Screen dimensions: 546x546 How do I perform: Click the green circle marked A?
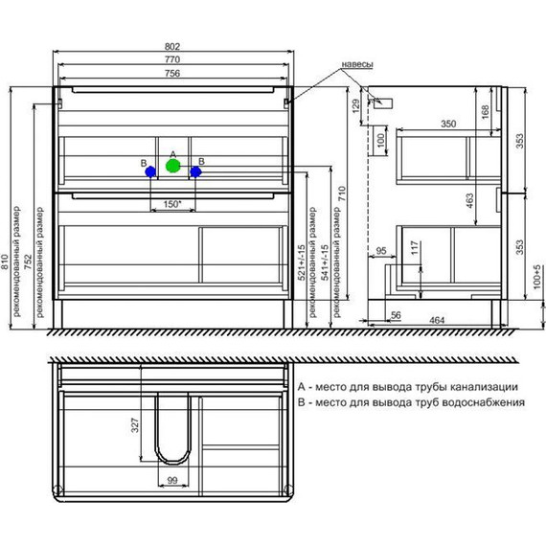click(172, 166)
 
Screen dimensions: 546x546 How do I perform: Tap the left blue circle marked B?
click(150, 171)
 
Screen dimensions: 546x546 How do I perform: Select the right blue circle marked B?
click(195, 171)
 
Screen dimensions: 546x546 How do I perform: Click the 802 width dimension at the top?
click(172, 47)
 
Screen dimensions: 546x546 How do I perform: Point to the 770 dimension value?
click(172, 59)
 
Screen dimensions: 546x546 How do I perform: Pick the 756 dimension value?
click(172, 73)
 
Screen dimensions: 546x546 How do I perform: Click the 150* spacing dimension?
click(172, 204)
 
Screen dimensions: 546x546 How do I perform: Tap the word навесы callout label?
click(357, 64)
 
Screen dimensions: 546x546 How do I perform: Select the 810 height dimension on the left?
click(5, 262)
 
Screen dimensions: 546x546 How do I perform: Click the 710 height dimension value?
click(342, 193)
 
